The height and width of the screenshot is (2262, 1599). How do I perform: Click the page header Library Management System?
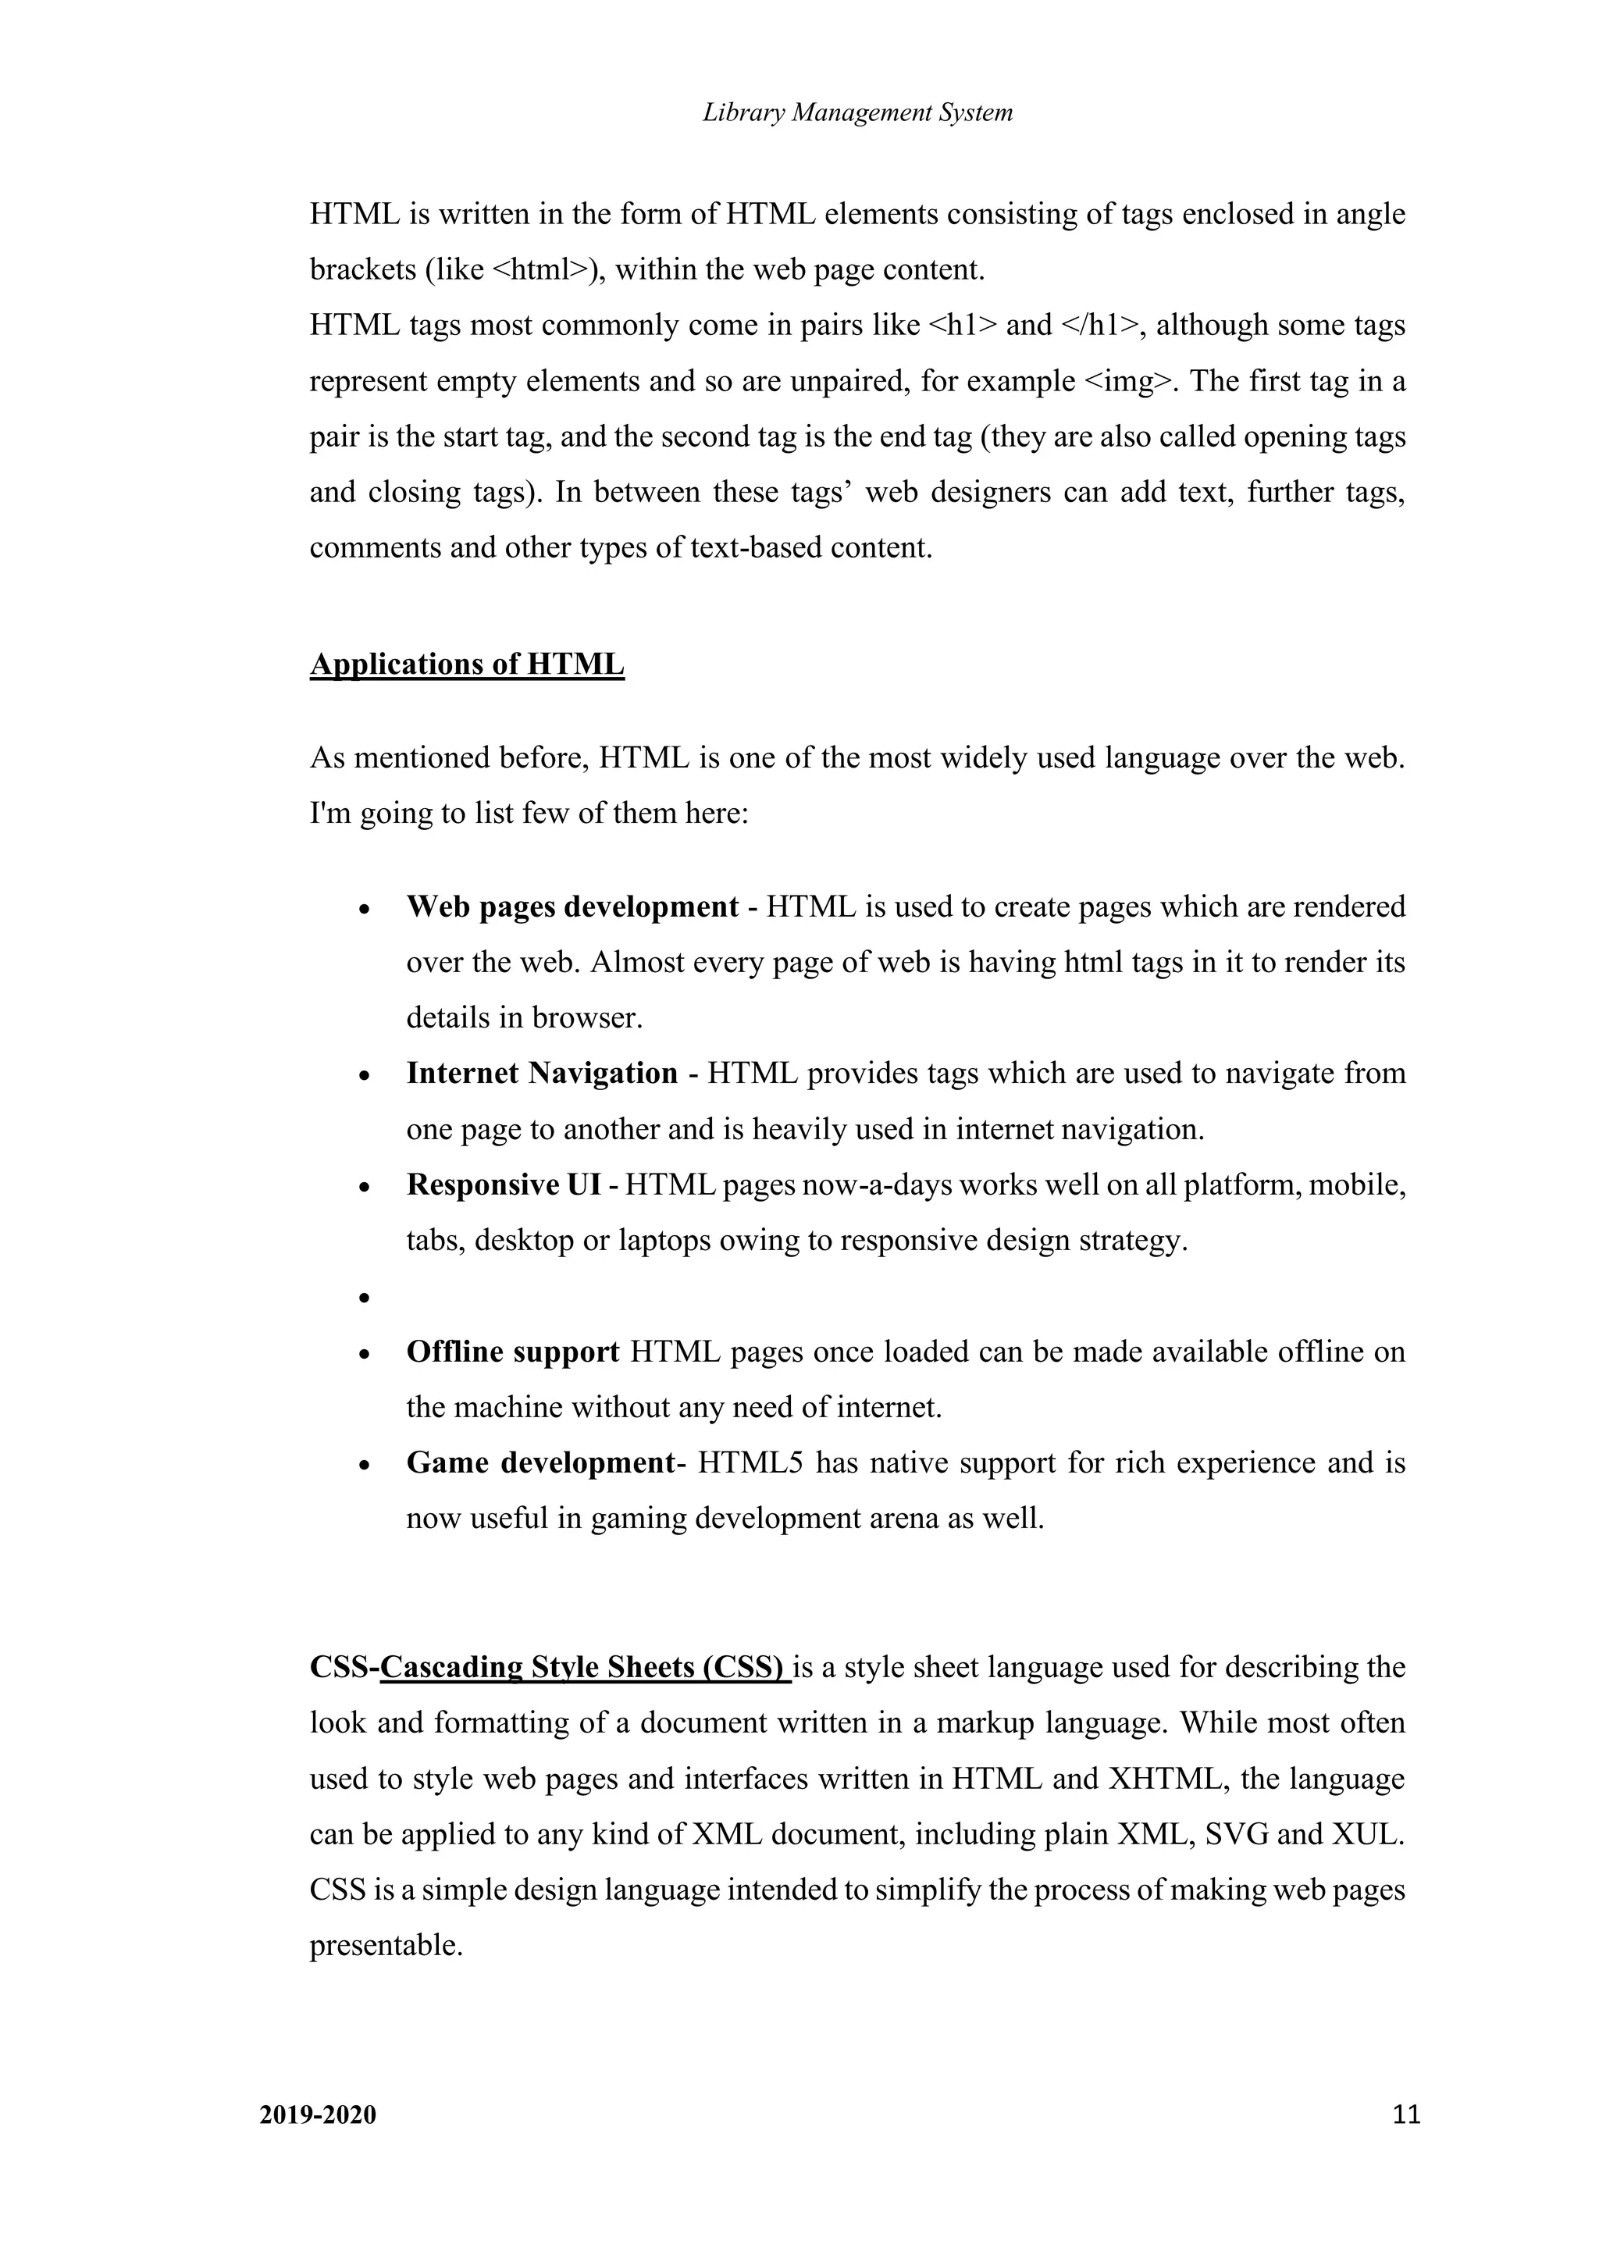click(857, 112)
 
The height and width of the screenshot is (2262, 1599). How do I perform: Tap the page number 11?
click(1407, 2114)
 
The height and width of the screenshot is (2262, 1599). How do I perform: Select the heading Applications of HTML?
click(467, 665)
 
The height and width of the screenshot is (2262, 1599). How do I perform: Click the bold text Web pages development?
click(572, 907)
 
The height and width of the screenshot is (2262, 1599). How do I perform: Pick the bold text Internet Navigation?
click(542, 1073)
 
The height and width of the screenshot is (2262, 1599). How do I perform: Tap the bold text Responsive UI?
click(503, 1184)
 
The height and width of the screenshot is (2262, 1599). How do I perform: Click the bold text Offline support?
click(512, 1351)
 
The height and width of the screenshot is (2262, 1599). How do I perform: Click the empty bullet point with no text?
click(365, 1298)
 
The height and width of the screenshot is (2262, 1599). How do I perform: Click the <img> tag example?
click(1129, 381)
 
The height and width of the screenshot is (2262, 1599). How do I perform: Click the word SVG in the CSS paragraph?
click(1237, 1833)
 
